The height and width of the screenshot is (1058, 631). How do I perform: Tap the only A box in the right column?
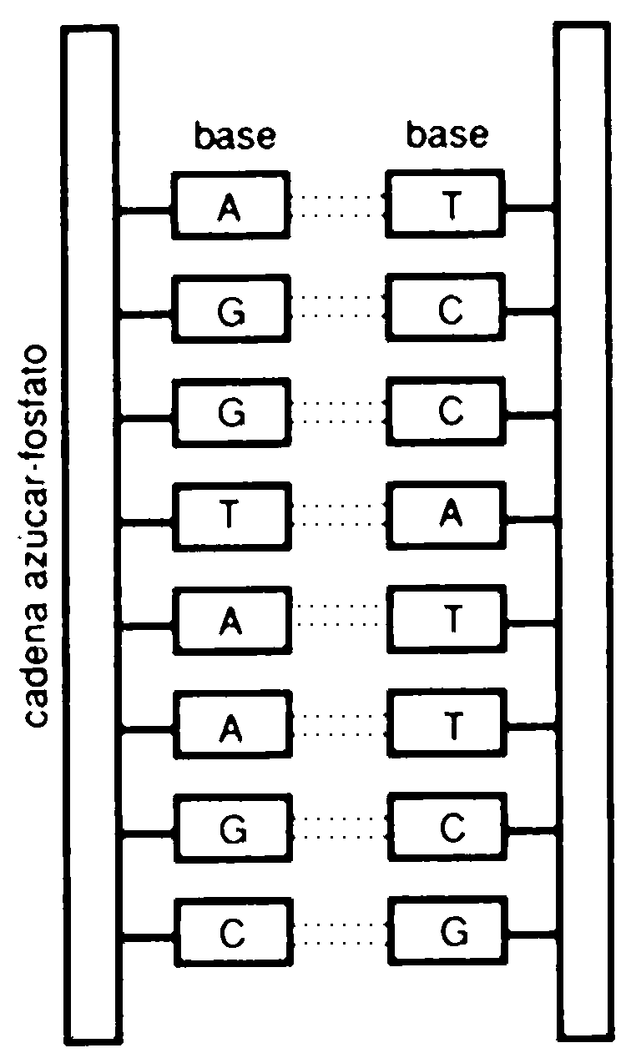pos(450,516)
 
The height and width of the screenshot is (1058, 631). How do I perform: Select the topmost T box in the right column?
pos(450,205)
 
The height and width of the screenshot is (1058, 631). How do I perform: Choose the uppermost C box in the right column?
pos(450,309)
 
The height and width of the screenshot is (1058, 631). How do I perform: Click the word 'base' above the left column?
pos(235,136)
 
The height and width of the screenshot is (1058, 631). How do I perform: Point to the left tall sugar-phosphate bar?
pos(90,534)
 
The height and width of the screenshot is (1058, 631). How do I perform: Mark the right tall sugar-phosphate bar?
pos(582,534)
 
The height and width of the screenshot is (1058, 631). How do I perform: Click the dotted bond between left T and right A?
pos(338,516)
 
